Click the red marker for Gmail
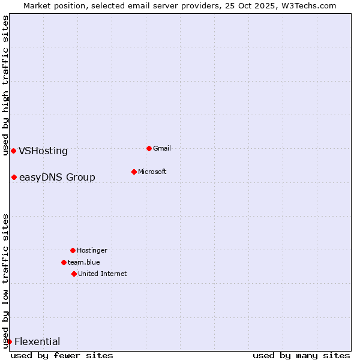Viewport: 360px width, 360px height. [149, 148]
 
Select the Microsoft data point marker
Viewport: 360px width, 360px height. [134, 172]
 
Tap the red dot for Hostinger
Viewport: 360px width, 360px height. [73, 250]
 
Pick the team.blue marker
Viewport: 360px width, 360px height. [64, 262]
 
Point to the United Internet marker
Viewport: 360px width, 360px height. [74, 274]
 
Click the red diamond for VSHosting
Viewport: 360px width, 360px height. [13, 151]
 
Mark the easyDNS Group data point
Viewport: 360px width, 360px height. [14, 177]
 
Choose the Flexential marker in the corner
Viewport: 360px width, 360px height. [9, 341]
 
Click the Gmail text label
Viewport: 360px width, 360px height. [162, 148]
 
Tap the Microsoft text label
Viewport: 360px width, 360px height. [152, 172]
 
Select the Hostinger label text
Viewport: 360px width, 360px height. [92, 250]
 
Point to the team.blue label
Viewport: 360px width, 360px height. [83, 262]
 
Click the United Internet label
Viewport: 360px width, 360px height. [102, 274]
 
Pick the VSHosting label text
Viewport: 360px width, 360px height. [43, 151]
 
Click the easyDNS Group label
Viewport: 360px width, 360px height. [57, 177]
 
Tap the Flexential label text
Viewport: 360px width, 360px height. [37, 341]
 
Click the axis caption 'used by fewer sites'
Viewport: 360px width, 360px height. [62, 355]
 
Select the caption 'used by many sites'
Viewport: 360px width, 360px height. [301, 355]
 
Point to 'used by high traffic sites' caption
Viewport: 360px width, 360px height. [5, 85]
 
